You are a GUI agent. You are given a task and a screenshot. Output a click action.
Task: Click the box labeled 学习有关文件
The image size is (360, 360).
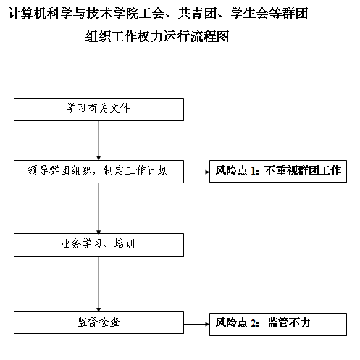(x=99, y=109)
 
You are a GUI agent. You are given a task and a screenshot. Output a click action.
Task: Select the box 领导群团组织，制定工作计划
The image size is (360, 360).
(x=99, y=172)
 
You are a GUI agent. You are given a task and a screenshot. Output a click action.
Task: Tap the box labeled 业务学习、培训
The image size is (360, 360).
(x=99, y=245)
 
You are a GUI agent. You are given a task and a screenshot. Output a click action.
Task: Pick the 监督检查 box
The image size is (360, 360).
(x=99, y=322)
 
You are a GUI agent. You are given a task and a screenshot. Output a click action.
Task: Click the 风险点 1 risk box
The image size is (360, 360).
(x=278, y=171)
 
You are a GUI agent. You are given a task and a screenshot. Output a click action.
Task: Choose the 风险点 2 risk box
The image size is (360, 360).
(x=278, y=325)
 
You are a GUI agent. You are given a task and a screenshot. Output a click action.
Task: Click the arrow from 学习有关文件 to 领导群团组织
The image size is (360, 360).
(x=99, y=141)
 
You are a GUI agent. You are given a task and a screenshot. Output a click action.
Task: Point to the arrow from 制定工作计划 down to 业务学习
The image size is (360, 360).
(x=99, y=208)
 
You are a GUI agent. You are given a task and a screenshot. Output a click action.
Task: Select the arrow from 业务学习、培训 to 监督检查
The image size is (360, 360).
(x=99, y=284)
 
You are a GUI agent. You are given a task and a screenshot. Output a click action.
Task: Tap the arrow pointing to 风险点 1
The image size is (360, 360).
(x=196, y=172)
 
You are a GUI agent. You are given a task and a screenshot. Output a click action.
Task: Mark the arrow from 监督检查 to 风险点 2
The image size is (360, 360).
(x=196, y=324)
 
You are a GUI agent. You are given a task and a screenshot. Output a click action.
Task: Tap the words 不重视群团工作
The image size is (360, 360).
(x=303, y=170)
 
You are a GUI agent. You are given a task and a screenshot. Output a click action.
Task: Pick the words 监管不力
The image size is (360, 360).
(x=288, y=322)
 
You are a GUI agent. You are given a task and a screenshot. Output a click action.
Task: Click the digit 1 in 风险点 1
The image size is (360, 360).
(x=253, y=171)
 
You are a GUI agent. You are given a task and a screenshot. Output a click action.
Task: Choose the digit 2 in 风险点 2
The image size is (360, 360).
(x=253, y=323)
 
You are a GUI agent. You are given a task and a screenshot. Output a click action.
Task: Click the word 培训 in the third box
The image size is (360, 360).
(x=125, y=243)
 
